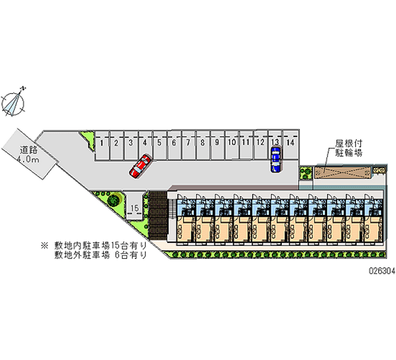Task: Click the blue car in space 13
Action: pos(275,159)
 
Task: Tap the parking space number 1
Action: pos(101,143)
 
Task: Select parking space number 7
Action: pos(188,143)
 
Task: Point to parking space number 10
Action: pos(231,143)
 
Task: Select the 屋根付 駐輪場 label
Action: pos(349,148)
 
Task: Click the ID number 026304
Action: pos(380,272)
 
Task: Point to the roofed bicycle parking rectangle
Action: pos(342,171)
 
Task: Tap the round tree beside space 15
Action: pos(114,200)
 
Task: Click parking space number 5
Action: pos(159,143)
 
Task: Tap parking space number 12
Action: pos(260,143)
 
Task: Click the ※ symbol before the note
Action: pos(45,245)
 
